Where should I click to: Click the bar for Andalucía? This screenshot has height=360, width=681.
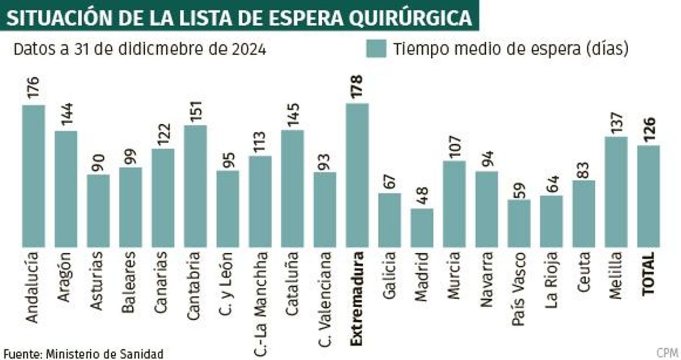click(33, 176)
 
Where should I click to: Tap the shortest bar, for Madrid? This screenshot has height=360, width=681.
click(422, 227)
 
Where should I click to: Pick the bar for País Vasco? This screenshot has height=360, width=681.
click(519, 223)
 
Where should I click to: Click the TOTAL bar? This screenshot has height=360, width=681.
click(649, 196)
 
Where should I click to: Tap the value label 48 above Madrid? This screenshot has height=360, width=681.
click(422, 196)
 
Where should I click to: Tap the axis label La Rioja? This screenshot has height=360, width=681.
click(551, 275)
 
